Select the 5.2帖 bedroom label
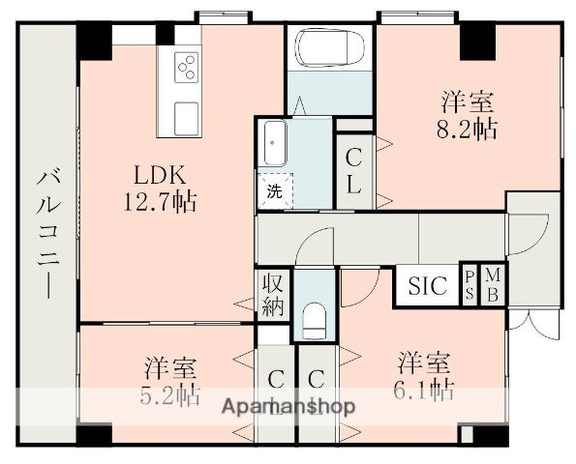pyautogui.click(x=171, y=381)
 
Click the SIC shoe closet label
pyautogui.click(x=427, y=286)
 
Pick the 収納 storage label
pyautogui.click(x=272, y=296)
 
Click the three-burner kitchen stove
pyautogui.click(x=186, y=67)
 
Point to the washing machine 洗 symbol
pyautogui.click(x=274, y=189)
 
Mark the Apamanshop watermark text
pyautogui.click(x=288, y=406)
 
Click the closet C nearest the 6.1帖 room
pyautogui.click(x=316, y=383)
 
